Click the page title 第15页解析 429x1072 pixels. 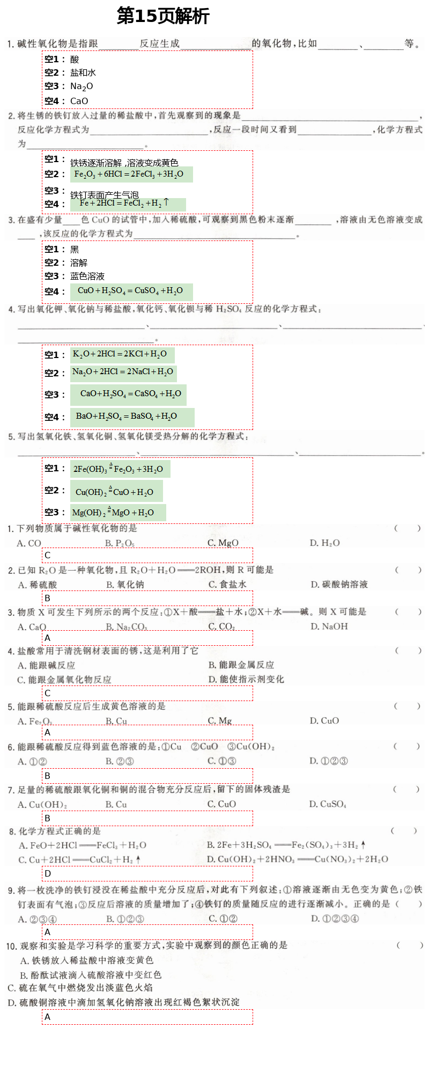point(163,16)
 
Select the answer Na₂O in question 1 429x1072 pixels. point(82,86)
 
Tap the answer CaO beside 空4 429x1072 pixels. point(79,101)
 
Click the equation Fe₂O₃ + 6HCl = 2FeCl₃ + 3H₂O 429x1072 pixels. point(129,174)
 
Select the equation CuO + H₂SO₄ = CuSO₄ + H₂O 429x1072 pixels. point(130,291)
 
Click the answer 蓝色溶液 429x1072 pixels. point(87,276)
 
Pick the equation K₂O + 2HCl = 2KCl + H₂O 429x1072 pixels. point(120,354)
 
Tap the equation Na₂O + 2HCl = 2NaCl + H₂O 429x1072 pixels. point(123,371)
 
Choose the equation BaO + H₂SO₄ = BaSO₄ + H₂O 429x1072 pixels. point(127,416)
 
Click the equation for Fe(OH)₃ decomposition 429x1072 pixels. point(118,469)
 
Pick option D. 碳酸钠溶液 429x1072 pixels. point(339,584)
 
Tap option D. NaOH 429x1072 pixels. point(329,626)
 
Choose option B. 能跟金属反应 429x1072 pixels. point(241,665)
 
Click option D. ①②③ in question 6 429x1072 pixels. point(329,761)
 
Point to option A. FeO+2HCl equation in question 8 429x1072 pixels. point(83,845)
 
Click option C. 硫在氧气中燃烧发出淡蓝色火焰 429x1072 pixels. point(80,987)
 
